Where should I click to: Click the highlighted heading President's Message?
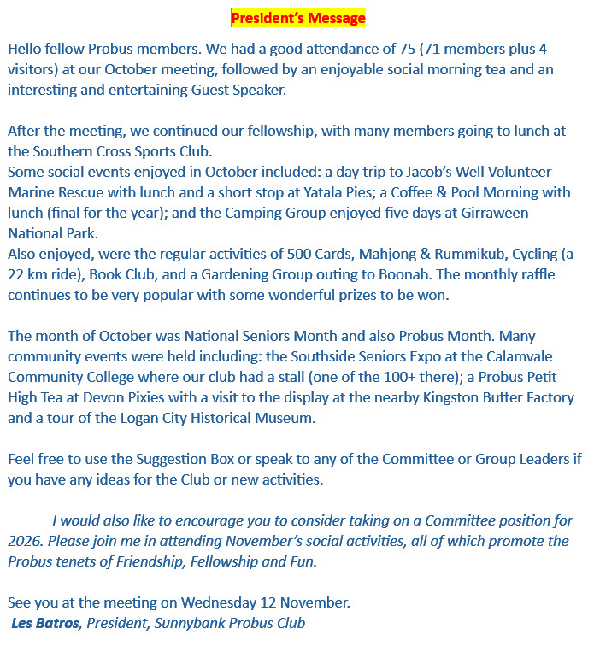pyautogui.click(x=297, y=18)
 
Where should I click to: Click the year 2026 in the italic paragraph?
pyautogui.click(x=27, y=541)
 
